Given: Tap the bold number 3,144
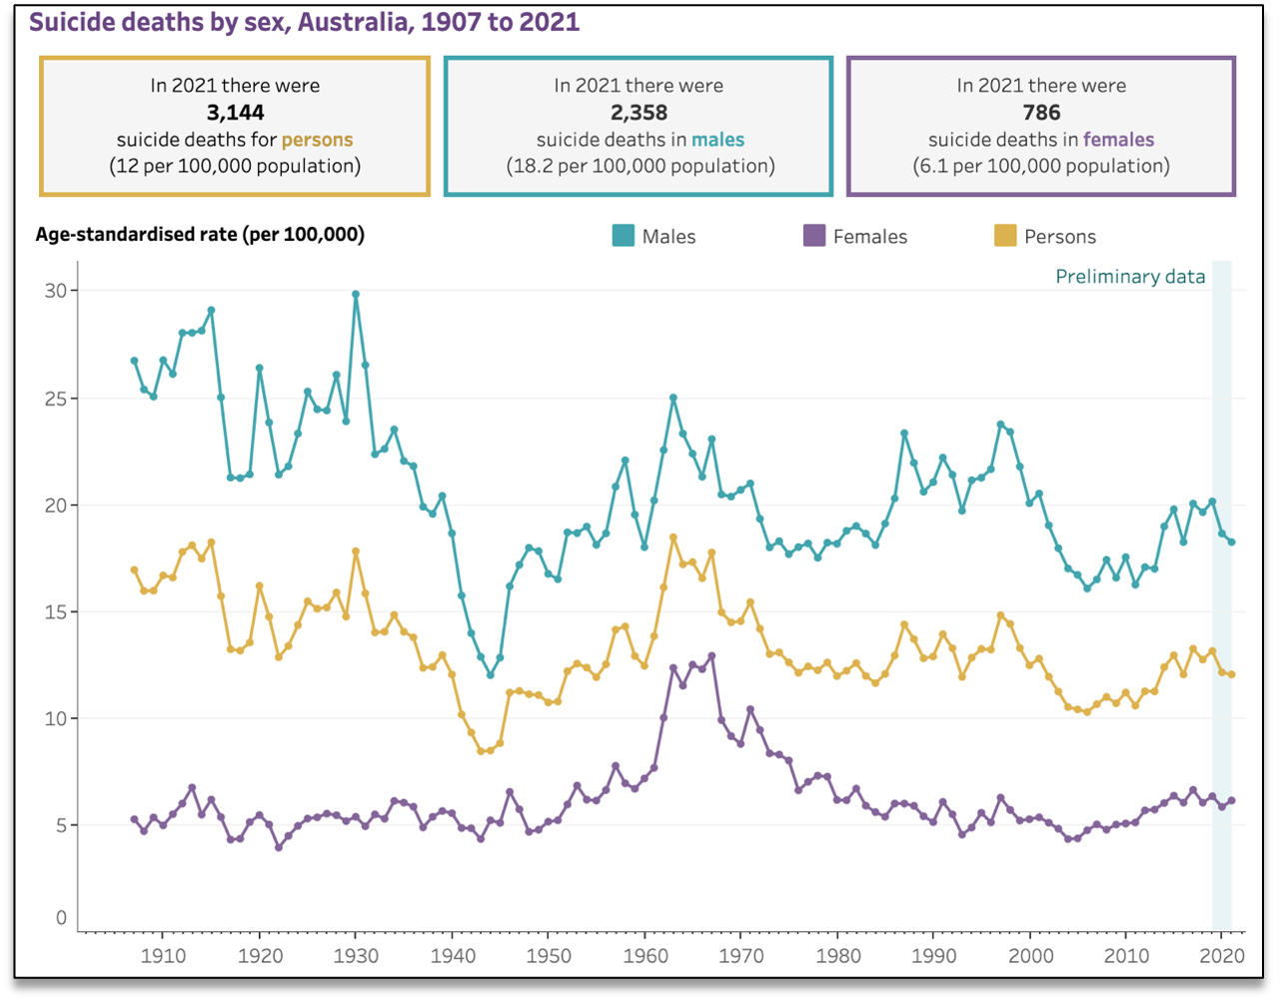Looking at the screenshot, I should coord(235,112).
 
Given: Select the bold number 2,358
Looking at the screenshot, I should coord(639,112).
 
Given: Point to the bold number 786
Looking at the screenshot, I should coord(1041,112).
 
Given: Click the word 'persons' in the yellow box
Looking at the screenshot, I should coord(317,139).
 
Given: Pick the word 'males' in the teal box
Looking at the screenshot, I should coord(717,139).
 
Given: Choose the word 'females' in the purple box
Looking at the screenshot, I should coord(1118,139).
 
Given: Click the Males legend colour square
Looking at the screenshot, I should coord(623,237).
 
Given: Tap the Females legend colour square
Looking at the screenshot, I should coord(814,237).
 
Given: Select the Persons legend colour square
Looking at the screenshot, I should coord(1005,237).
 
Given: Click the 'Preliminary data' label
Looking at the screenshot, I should coord(1130,277).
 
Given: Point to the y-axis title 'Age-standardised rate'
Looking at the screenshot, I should coord(200,235).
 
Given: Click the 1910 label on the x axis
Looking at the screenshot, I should coord(163,955).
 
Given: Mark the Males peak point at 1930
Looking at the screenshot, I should coord(356,295).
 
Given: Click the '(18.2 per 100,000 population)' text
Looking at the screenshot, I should coord(639,166).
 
